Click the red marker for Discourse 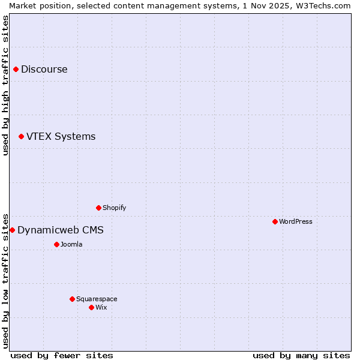[16, 70]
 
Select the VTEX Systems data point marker [21, 137]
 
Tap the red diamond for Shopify [98, 208]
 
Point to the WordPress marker [275, 222]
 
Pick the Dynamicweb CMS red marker [12, 230]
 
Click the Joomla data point [56, 245]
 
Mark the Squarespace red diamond [72, 299]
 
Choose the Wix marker [91, 308]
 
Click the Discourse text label [44, 70]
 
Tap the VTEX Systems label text [61, 137]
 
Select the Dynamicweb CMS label [60, 230]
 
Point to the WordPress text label [295, 222]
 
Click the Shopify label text [114, 208]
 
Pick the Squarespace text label [97, 299]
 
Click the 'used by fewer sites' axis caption [62, 355]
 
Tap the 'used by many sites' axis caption [301, 355]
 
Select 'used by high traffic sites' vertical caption [5, 85]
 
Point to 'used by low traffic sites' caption [5, 281]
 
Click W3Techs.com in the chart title [323, 5]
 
